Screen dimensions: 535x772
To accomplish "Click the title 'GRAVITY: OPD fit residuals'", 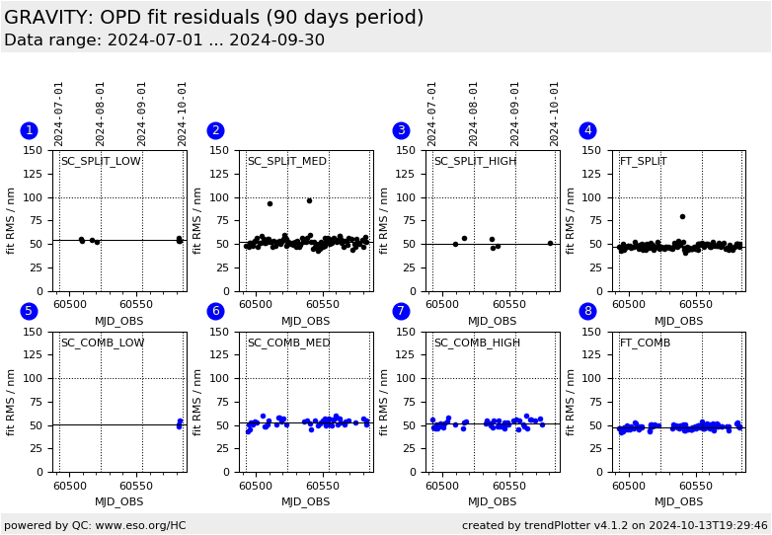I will (213, 18).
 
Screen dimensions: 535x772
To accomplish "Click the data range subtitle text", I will (164, 40).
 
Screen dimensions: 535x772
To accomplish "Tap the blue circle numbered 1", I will (29, 130).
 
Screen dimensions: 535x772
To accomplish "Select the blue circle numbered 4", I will (587, 130).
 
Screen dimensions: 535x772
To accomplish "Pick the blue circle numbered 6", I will (215, 311).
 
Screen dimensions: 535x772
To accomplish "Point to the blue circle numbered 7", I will (401, 311).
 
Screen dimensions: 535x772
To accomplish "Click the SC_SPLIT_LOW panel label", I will (101, 162).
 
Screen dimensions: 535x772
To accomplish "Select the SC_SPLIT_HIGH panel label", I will (475, 162).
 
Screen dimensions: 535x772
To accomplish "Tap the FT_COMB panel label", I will (645, 344).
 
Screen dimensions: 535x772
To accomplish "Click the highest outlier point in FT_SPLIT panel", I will (682, 216).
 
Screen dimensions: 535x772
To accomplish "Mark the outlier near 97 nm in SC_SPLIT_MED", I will (309, 200).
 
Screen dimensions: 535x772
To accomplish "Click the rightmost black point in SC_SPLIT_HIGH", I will (550, 243).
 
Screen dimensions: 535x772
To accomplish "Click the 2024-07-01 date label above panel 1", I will (59, 114).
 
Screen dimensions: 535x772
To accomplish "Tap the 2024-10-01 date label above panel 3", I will (555, 114).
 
